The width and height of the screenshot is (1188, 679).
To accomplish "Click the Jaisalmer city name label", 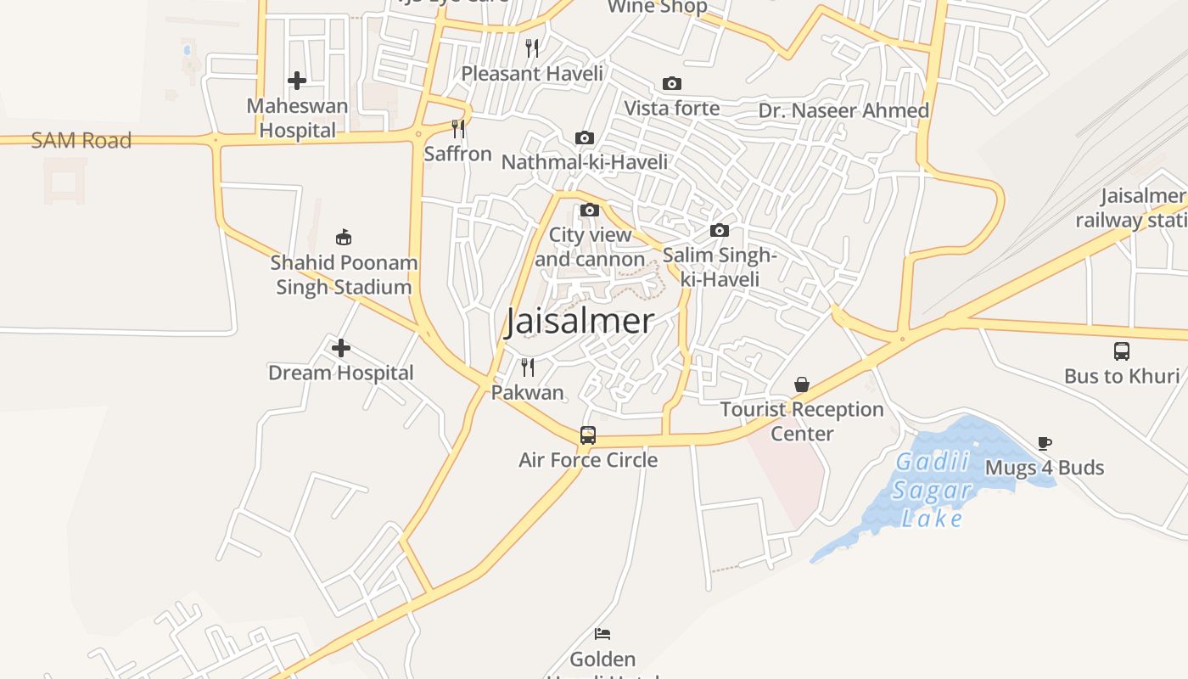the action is (x=580, y=322).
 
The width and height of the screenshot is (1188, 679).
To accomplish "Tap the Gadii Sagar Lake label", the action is (x=932, y=491).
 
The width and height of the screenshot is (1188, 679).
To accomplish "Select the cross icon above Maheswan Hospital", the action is (x=297, y=81).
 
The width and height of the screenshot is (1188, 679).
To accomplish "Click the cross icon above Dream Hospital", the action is (x=341, y=348).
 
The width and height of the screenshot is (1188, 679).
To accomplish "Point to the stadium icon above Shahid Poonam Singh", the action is (x=344, y=237).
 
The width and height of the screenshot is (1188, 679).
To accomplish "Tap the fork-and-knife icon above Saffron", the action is (x=458, y=129).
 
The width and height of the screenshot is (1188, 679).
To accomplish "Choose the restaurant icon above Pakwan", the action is (x=528, y=367).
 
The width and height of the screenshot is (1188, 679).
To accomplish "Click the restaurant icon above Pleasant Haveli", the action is (x=532, y=48).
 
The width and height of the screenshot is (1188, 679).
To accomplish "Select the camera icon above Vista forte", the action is (x=672, y=83).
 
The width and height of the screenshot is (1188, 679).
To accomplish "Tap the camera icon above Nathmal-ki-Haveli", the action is (x=585, y=137).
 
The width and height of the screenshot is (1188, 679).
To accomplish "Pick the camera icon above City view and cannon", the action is (x=590, y=210).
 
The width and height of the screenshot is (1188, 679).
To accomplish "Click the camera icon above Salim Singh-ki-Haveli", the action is (x=720, y=230).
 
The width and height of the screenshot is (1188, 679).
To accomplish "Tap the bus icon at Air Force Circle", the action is (x=588, y=435).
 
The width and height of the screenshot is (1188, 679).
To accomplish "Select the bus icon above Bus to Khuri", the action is (x=1122, y=351).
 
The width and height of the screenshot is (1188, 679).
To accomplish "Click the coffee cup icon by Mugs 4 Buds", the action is (x=1045, y=443).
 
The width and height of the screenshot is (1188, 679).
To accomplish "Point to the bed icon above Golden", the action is (x=602, y=634).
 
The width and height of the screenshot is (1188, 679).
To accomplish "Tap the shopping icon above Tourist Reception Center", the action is (x=802, y=385).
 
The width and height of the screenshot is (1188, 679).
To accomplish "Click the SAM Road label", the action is (x=81, y=141).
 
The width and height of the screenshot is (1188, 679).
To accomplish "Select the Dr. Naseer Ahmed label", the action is (x=843, y=111).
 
